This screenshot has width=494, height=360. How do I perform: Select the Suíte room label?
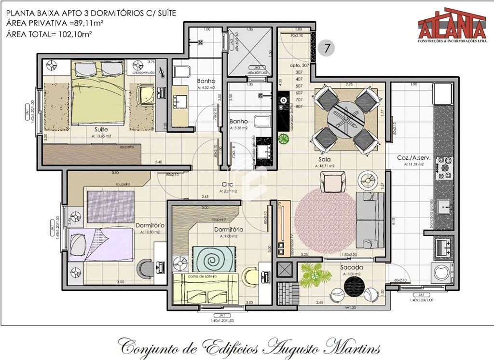[101, 130]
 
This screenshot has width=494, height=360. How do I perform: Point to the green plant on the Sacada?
[314, 275]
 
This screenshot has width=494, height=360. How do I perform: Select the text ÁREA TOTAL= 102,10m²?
[49, 34]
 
